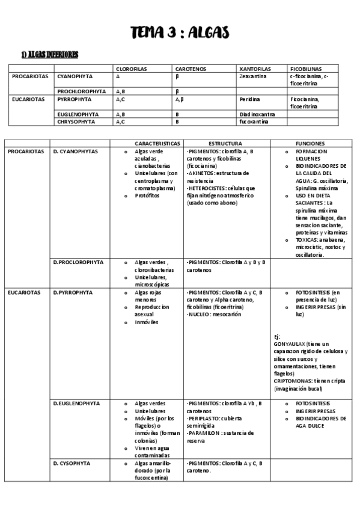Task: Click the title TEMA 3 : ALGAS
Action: [x=180, y=32]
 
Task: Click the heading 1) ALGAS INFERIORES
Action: [x=49, y=56]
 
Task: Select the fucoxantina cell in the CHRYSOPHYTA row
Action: [x=252, y=121]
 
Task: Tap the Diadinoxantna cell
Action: [x=257, y=114]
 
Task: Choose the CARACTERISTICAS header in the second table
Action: [x=157, y=144]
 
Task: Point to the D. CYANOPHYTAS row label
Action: [x=75, y=152]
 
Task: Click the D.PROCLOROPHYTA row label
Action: [x=78, y=262]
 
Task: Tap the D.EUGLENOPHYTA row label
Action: [x=76, y=403]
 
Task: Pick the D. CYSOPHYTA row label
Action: [x=72, y=464]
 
